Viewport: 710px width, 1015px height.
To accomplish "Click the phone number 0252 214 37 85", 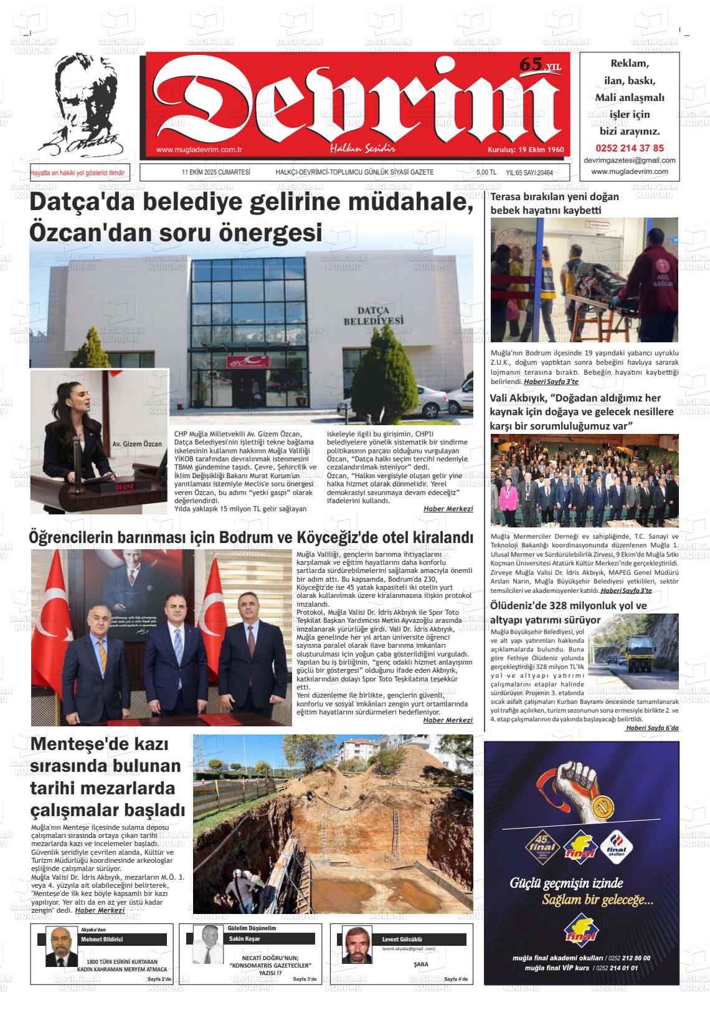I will point(630,148).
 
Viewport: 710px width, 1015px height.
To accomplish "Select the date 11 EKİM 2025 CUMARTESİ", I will point(215,173).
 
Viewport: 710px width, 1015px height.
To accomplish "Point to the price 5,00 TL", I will point(486,173).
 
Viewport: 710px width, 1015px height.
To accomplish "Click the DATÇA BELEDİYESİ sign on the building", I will point(373,315).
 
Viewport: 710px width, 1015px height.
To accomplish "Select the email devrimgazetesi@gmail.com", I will point(630,160).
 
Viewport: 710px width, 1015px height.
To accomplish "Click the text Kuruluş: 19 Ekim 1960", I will point(525,150).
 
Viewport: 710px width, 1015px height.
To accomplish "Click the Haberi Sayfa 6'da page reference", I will point(652,728).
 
